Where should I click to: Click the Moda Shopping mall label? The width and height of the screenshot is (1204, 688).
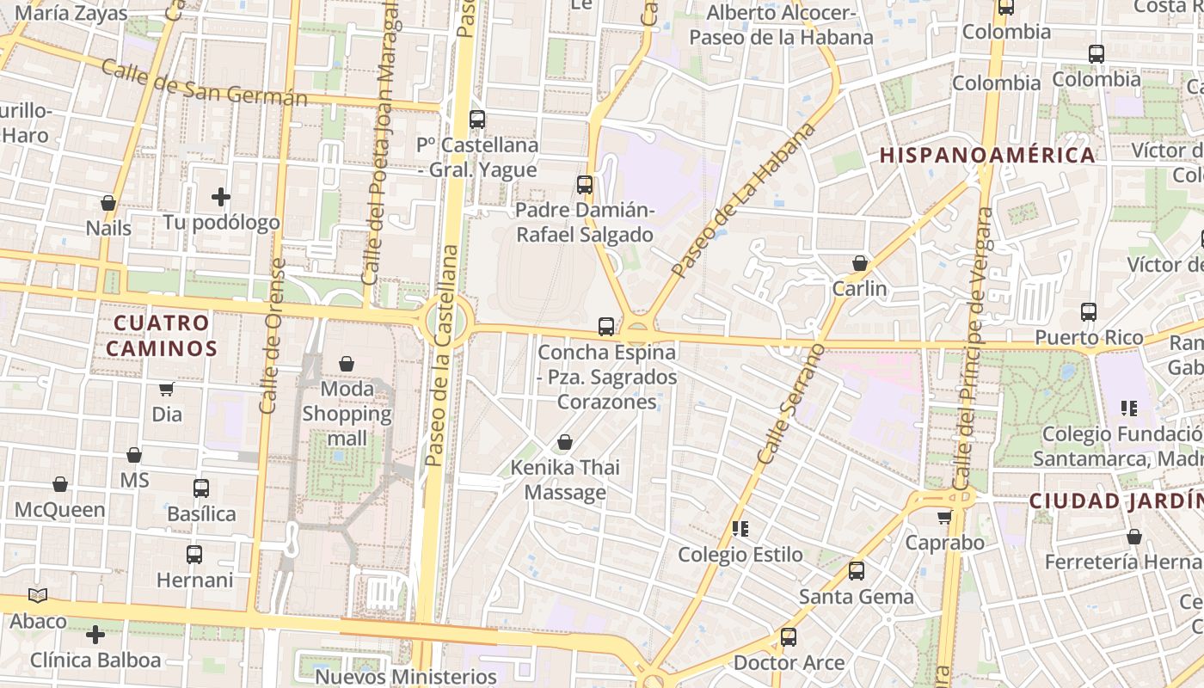pyautogui.click(x=347, y=414)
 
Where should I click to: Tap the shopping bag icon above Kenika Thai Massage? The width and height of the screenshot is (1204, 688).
pyautogui.click(x=565, y=442)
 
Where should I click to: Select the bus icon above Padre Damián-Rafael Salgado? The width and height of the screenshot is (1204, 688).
pyautogui.click(x=585, y=184)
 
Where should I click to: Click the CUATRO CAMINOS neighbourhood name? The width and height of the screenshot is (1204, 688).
pyautogui.click(x=162, y=335)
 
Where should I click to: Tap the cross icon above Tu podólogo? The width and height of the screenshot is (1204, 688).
pyautogui.click(x=221, y=197)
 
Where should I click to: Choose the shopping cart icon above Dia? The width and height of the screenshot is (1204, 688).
pyautogui.click(x=166, y=390)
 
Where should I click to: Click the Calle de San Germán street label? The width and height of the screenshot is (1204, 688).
pyautogui.click(x=204, y=83)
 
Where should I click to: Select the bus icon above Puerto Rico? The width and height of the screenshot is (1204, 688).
pyautogui.click(x=1089, y=311)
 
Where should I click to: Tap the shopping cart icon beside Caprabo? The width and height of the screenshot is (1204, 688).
pyautogui.click(x=944, y=518)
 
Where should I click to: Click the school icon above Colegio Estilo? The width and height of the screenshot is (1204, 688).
pyautogui.click(x=740, y=528)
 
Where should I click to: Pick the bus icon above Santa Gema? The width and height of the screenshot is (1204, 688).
pyautogui.click(x=856, y=570)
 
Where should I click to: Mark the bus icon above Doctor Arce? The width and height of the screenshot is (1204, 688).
pyautogui.click(x=788, y=637)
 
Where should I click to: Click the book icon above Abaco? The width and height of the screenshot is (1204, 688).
pyautogui.click(x=38, y=595)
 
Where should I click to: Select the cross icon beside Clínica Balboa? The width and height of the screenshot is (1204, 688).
pyautogui.click(x=95, y=635)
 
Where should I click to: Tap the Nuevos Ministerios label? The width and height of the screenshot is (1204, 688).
pyautogui.click(x=406, y=676)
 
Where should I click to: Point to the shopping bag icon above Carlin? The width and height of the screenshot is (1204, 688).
pyautogui.click(x=859, y=263)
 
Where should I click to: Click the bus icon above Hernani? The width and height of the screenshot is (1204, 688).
pyautogui.click(x=194, y=555)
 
